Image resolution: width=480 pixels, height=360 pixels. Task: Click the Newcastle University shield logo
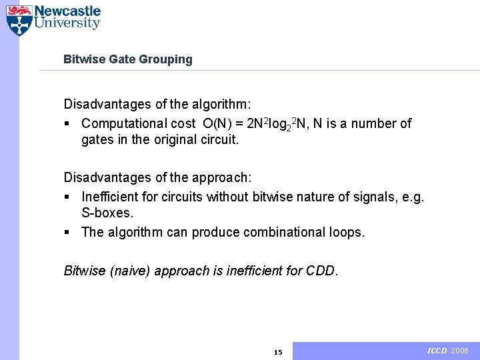19,20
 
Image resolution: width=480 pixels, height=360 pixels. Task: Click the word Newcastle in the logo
67,11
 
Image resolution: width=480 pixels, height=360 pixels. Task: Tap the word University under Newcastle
67,24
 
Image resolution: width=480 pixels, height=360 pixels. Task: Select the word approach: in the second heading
220,178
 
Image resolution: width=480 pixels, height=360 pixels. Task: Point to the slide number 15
278,352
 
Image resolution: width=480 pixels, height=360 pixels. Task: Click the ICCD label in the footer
437,351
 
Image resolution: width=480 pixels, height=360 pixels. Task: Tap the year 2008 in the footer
460,351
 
